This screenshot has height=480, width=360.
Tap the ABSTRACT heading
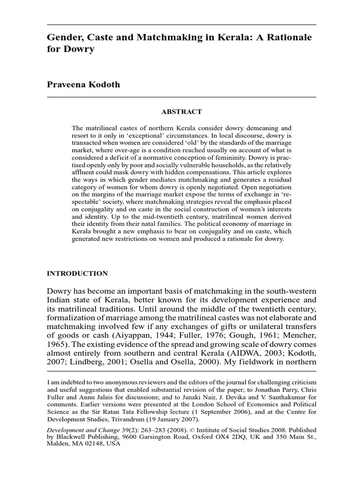coord(181,112)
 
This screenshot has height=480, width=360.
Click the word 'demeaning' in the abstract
coord(267,128)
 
